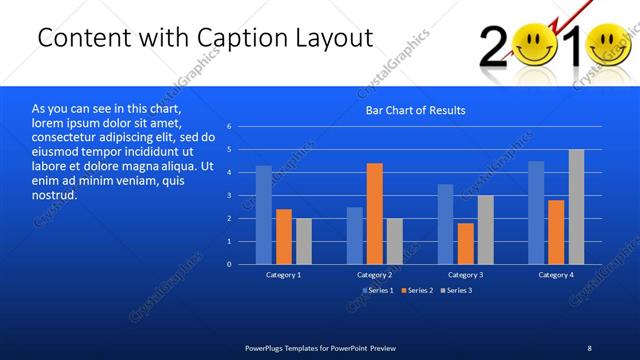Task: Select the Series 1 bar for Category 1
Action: coord(264,215)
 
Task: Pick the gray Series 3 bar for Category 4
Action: coord(576,207)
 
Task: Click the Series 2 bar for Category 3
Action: coord(465,243)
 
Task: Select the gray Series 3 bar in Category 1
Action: coord(304,241)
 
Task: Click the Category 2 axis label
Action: coord(374,274)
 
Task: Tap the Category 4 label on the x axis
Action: coord(556,274)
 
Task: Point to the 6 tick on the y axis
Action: coord(229,127)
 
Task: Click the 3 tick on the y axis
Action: coord(229,196)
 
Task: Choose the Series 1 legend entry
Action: coord(376,290)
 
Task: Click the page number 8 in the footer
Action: coord(589,347)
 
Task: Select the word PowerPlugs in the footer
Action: coord(267,347)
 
